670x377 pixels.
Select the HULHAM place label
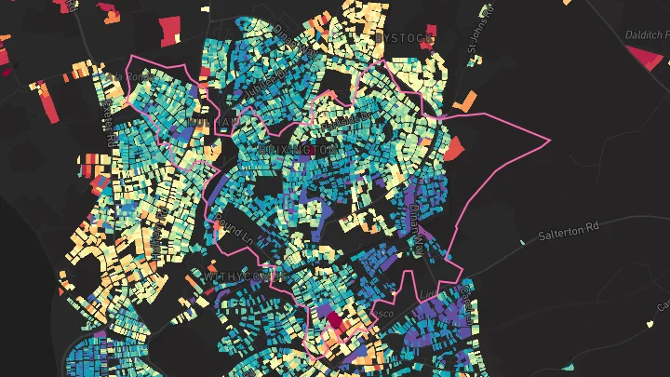coord(213,122)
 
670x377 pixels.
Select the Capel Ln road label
coord(663,305)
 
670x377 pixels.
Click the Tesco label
coord(386,314)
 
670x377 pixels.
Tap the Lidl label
coord(429,296)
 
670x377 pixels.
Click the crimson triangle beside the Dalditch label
coord(643,61)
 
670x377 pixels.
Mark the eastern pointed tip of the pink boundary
coord(550,141)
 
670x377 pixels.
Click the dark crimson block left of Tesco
coord(333,322)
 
